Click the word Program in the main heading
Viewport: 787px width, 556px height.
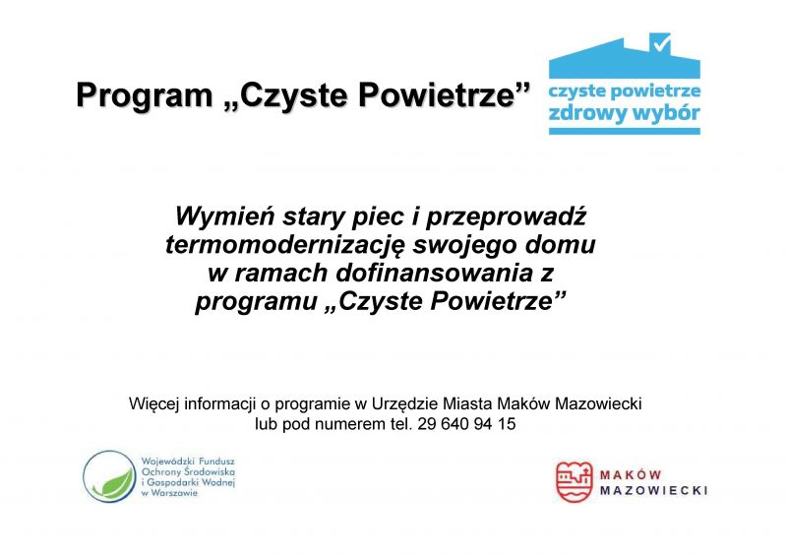click(x=145, y=95)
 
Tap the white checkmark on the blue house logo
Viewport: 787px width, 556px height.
click(x=661, y=44)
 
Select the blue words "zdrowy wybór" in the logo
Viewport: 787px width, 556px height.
click(x=624, y=113)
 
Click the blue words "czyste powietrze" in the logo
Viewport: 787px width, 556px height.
click(x=625, y=91)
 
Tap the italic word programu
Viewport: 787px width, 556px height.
click(x=257, y=302)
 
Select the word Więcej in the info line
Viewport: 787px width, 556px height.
click(x=154, y=404)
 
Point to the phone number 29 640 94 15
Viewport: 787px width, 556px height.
click(x=466, y=424)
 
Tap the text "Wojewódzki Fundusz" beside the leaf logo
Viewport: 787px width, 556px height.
click(x=188, y=462)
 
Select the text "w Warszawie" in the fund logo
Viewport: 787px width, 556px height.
click(x=169, y=493)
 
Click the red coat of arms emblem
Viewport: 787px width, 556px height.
click(x=575, y=481)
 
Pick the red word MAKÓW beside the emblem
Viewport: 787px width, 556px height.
click(x=631, y=474)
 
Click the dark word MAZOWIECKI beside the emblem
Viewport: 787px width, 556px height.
click(x=654, y=490)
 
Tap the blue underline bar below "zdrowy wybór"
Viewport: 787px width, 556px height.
click(x=625, y=131)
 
